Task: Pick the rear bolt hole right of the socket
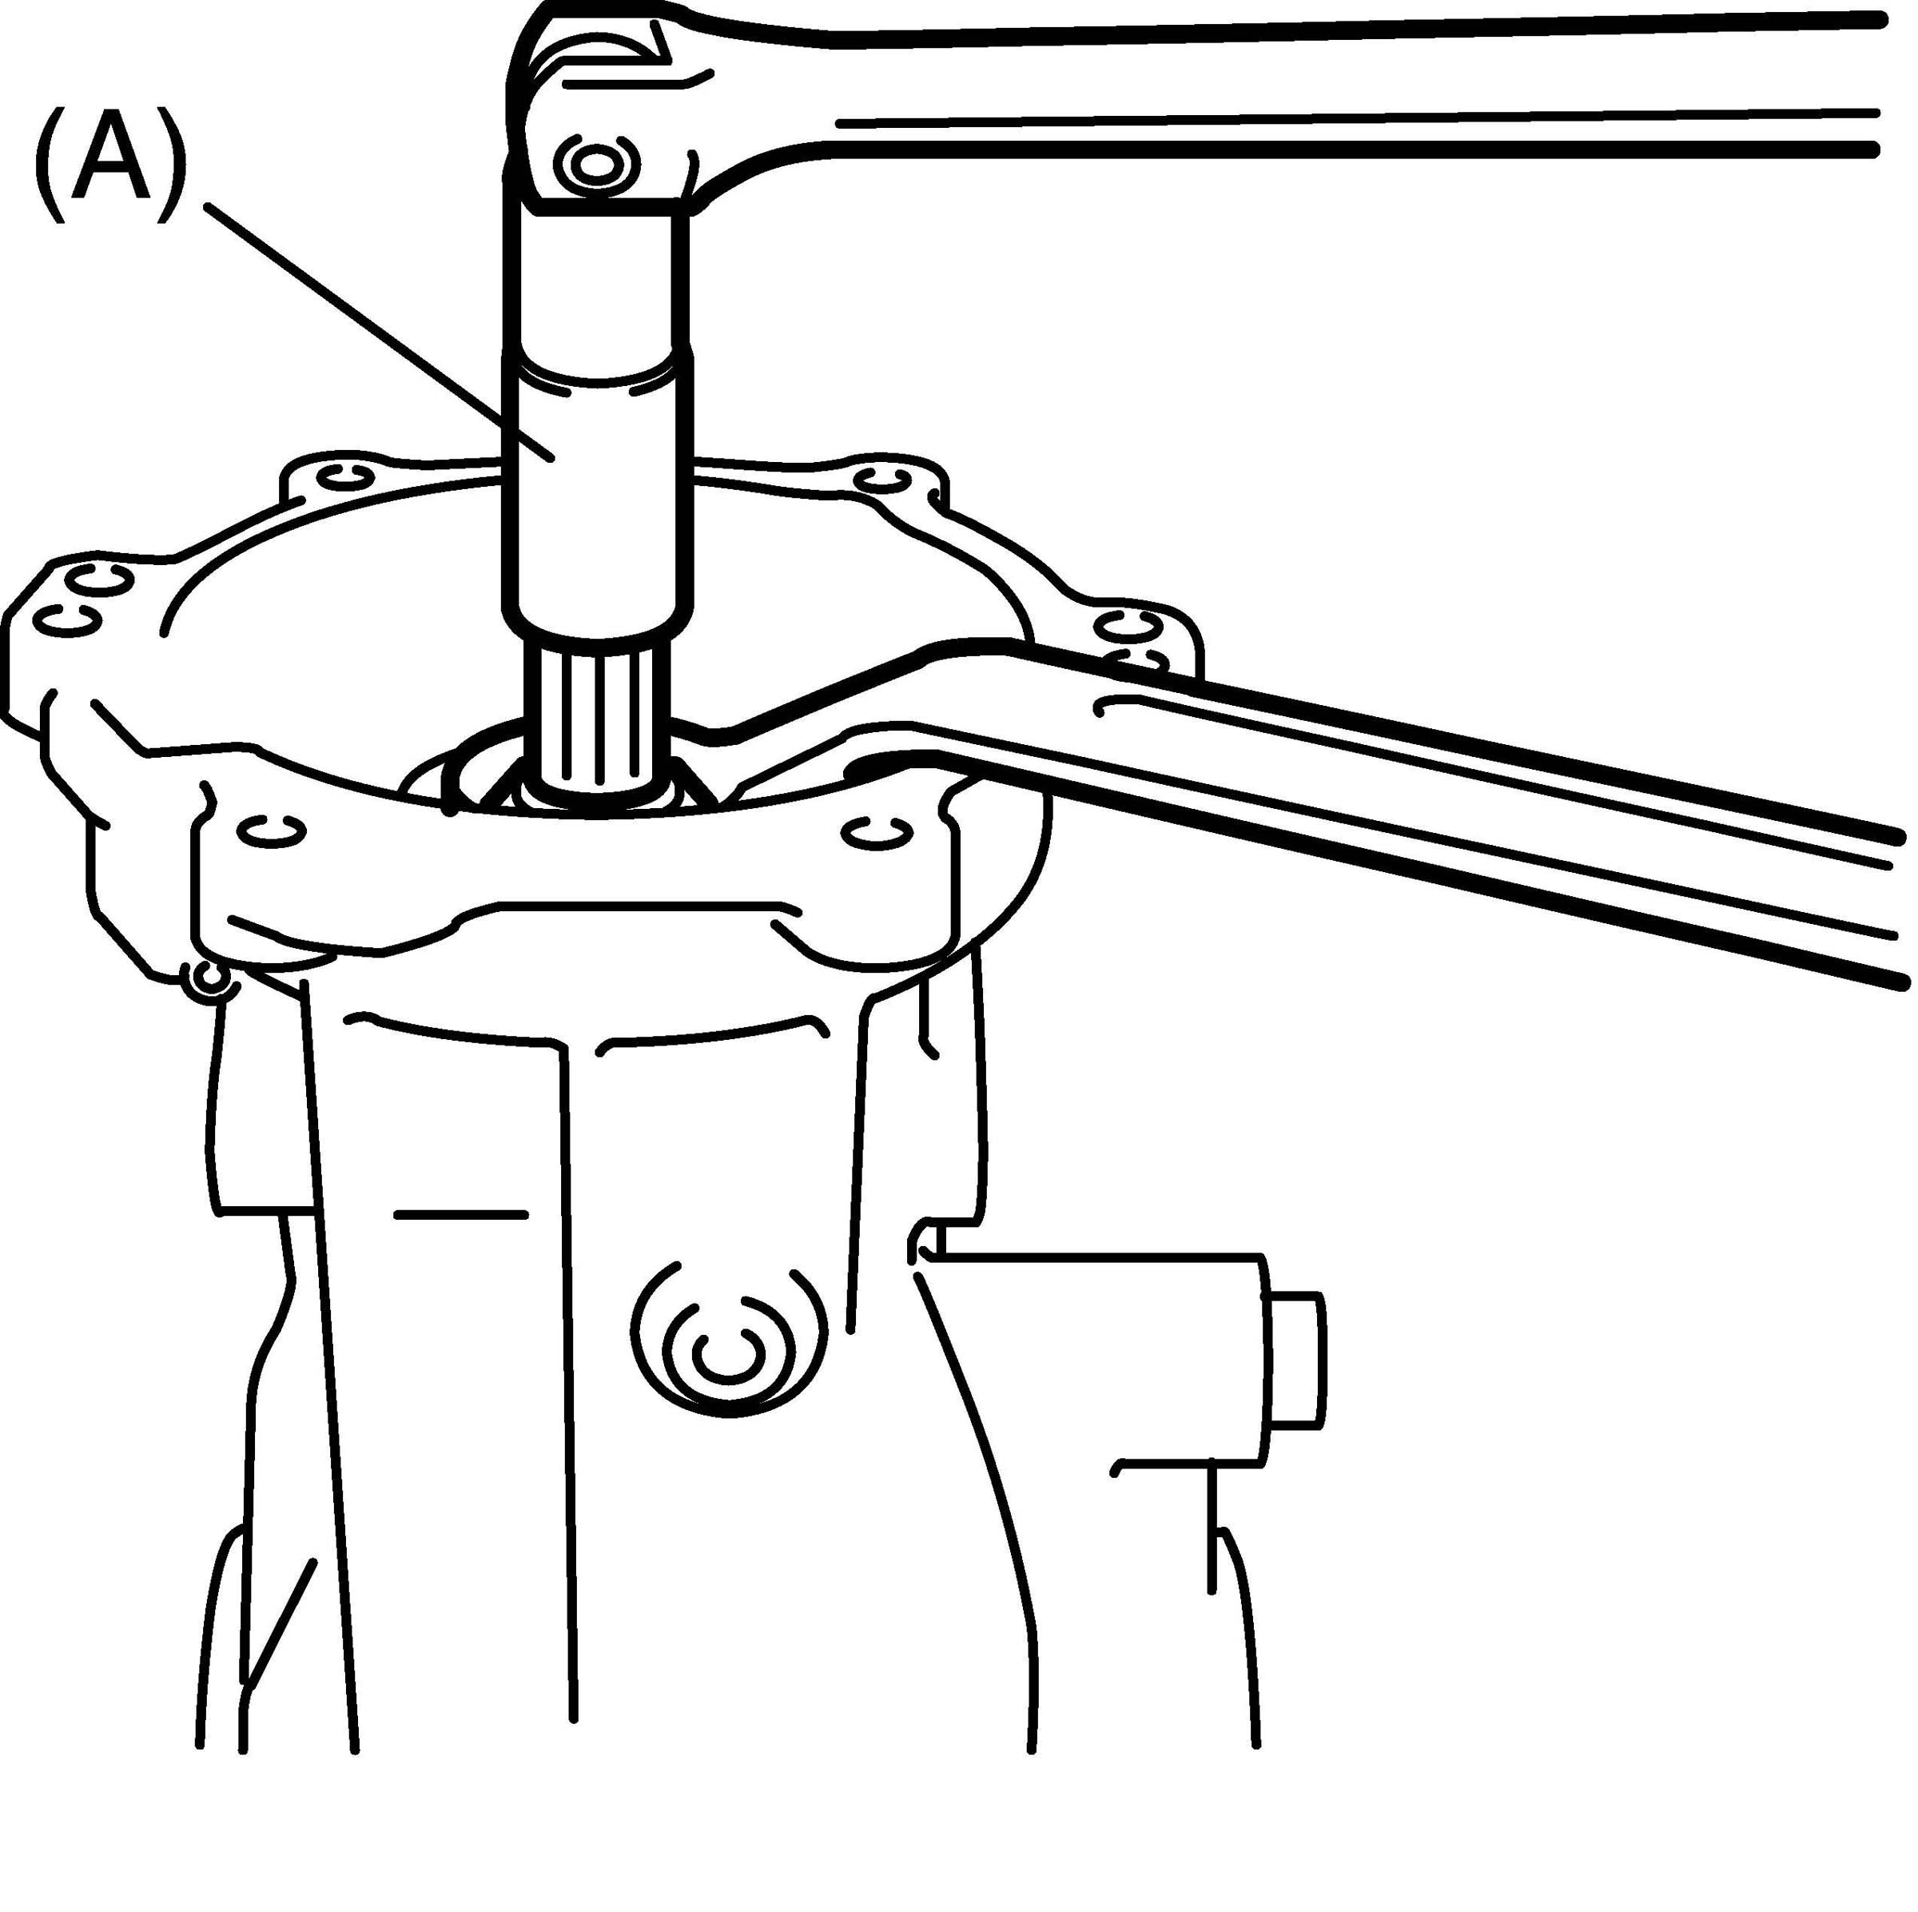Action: click(881, 480)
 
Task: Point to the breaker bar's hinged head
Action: click(606, 110)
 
